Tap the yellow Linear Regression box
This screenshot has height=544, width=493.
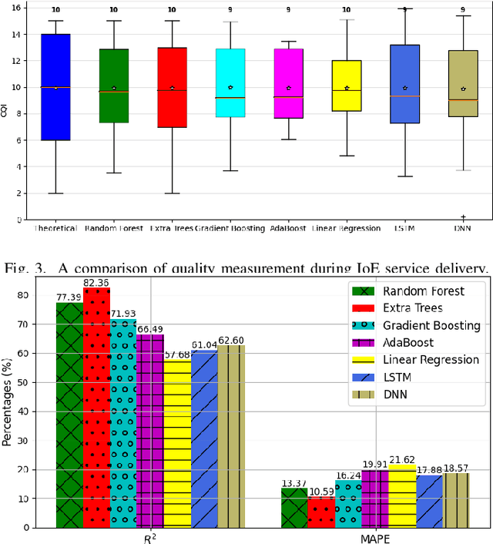point(347,86)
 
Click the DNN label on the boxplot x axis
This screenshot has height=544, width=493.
point(462,229)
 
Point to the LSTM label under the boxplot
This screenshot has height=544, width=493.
point(404,229)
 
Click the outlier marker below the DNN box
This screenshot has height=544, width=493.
point(463,217)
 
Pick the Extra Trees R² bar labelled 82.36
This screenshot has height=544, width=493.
point(97,408)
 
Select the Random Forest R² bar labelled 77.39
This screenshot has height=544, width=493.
point(69,416)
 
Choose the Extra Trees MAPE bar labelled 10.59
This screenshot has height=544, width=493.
point(321,512)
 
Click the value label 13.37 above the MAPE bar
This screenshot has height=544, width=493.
point(294,482)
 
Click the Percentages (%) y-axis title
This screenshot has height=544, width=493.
point(8,408)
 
